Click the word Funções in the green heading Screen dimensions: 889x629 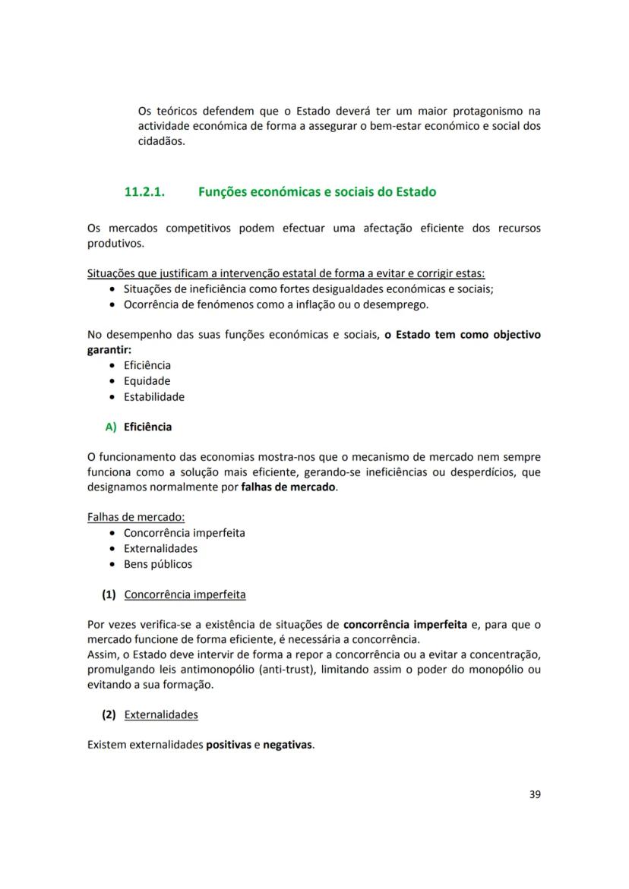tap(223, 192)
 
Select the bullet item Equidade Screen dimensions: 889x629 tap(147, 381)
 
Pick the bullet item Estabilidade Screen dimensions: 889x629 tap(153, 397)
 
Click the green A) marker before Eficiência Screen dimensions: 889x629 tap(111, 427)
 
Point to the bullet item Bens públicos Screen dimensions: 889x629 tap(158, 564)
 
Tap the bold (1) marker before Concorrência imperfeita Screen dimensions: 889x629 tap(109, 594)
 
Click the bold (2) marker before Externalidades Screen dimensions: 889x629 tap(109, 714)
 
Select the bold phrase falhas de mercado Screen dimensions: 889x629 tap(289, 487)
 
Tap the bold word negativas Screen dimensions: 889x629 tap(288, 745)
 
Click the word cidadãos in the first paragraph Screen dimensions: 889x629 tap(160, 141)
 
